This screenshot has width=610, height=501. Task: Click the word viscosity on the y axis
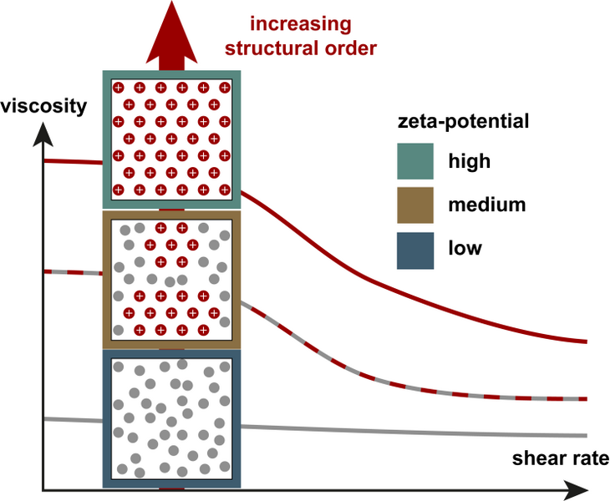(43, 106)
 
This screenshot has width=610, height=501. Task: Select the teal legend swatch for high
(414, 160)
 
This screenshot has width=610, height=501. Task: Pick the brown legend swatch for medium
(414, 205)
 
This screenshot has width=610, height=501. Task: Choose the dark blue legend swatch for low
(414, 248)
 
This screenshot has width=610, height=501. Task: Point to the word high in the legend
(469, 161)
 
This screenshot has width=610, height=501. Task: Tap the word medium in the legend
(486, 205)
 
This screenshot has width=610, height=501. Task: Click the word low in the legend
(465, 248)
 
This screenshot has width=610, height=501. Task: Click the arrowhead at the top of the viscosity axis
(43, 133)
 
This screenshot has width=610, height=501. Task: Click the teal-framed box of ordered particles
(171, 139)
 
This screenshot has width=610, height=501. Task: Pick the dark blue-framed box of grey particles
(171, 417)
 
